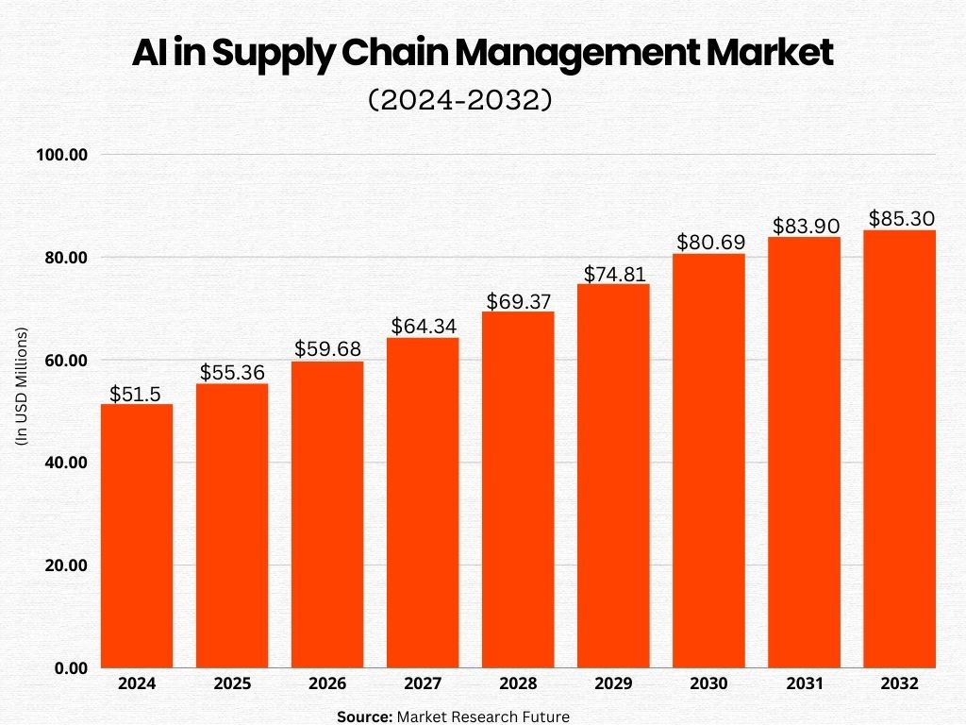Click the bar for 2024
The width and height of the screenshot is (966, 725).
[x=137, y=535]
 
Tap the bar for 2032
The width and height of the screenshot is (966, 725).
[x=899, y=448]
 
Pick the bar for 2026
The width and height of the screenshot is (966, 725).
[x=327, y=514]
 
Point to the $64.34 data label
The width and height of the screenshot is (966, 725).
[x=423, y=327]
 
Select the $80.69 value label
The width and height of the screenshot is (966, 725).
[x=708, y=242]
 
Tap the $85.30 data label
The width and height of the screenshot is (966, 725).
[x=899, y=218]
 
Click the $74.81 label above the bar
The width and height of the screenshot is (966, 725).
[x=613, y=274]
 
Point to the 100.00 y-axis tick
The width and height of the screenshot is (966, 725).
[x=62, y=155]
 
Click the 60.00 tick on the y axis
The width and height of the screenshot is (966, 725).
[x=65, y=361]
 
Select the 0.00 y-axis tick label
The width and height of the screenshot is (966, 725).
[x=71, y=668]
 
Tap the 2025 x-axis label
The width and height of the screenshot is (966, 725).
[x=232, y=683]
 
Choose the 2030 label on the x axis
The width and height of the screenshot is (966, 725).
[x=708, y=683]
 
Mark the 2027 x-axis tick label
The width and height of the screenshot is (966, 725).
[x=423, y=683]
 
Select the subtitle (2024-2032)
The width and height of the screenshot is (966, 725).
[x=459, y=100]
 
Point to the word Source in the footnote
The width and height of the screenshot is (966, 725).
[x=364, y=717]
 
